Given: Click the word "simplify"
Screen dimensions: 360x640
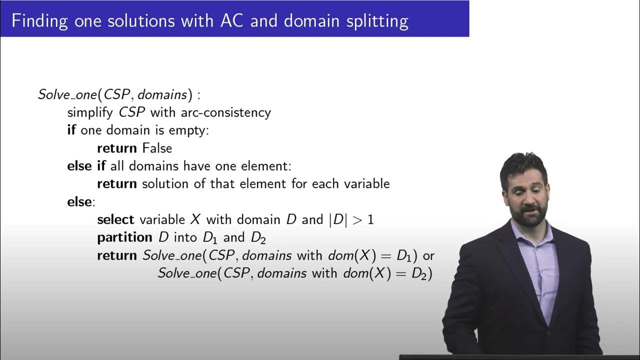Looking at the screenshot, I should pyautogui.click(x=91, y=112).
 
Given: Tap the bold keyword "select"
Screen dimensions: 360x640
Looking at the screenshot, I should pyautogui.click(x=115, y=219).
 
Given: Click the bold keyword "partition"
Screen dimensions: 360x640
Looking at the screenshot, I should pyautogui.click(x=124, y=237).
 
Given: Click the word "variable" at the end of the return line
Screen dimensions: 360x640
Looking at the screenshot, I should pyautogui.click(x=367, y=183).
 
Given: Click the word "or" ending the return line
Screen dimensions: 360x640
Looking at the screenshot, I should pyautogui.click(x=428, y=255).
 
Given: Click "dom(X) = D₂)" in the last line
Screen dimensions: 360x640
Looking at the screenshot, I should pyautogui.click(x=387, y=273).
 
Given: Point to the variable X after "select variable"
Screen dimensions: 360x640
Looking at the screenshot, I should pyautogui.click(x=195, y=219).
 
